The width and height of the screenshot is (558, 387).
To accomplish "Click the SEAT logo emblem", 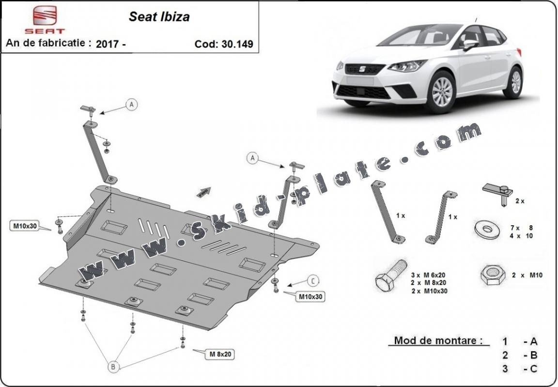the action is click(x=45, y=15).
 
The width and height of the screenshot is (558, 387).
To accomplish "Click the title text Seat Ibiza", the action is click(x=159, y=17).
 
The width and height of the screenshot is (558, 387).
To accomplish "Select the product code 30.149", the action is click(x=237, y=44).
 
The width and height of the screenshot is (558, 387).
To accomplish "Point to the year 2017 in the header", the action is click(x=107, y=44).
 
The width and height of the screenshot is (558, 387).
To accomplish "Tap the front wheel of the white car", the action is click(x=442, y=92).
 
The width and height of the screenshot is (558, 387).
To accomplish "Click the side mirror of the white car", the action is click(x=470, y=45).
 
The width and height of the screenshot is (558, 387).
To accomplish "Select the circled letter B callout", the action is click(x=113, y=367).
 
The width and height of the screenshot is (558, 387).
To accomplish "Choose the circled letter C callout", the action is click(x=313, y=281).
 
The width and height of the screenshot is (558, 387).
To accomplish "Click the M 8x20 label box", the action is click(x=220, y=354).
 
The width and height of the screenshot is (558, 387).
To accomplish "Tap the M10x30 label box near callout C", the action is click(x=310, y=296).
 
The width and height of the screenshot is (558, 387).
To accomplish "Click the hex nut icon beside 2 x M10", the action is click(x=493, y=275).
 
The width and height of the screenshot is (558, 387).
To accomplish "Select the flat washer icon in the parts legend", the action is click(x=487, y=230).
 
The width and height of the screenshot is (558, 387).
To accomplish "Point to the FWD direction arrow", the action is click(x=204, y=192).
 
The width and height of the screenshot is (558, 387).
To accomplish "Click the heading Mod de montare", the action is click(x=438, y=341).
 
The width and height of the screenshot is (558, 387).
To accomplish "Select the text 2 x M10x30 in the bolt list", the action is click(x=430, y=291).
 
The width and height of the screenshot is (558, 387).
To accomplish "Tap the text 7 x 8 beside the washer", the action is click(x=522, y=228).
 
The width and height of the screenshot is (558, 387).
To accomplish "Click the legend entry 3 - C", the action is click(x=520, y=369).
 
